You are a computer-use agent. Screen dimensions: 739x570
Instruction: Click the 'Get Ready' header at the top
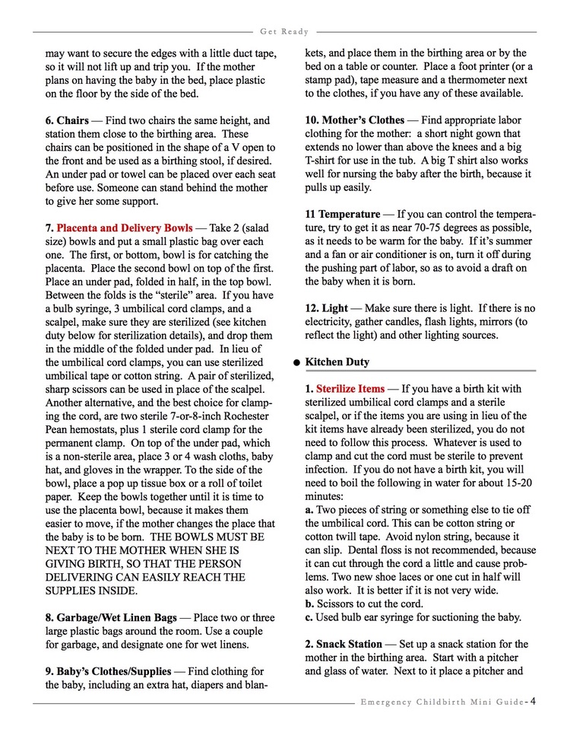284,32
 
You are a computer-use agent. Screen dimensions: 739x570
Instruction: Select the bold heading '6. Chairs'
67,121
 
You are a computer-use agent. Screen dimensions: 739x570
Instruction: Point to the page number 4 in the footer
534,701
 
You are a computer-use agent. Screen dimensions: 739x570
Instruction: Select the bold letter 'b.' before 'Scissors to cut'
311,604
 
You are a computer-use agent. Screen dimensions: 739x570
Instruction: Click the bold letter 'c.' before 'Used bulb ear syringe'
310,617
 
